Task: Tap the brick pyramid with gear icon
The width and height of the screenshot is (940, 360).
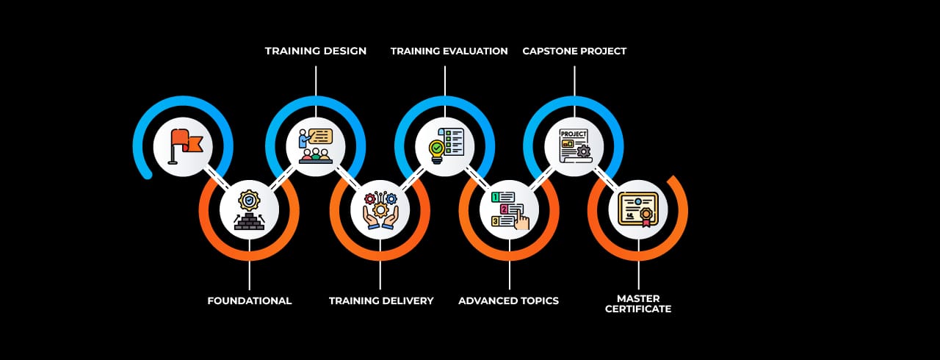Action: [249, 209]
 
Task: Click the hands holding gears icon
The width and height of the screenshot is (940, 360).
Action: [380, 209]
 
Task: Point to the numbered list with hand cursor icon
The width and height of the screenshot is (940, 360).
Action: [510, 209]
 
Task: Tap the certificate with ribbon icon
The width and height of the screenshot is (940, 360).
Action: [638, 209]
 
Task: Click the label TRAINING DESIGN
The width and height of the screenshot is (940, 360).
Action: [316, 51]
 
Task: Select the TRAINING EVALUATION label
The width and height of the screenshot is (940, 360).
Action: [449, 51]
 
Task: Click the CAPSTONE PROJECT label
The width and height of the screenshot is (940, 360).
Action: [574, 51]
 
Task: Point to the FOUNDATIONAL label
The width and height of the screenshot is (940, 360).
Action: [250, 300]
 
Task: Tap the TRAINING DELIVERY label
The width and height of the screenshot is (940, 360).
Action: [381, 300]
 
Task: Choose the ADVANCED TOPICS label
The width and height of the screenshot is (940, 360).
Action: [508, 300]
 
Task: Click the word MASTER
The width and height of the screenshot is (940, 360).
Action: [638, 298]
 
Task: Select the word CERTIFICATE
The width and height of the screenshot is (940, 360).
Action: [638, 309]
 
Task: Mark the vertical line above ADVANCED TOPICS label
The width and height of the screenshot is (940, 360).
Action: [510, 272]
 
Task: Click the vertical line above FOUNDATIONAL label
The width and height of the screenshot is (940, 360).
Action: [250, 272]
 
